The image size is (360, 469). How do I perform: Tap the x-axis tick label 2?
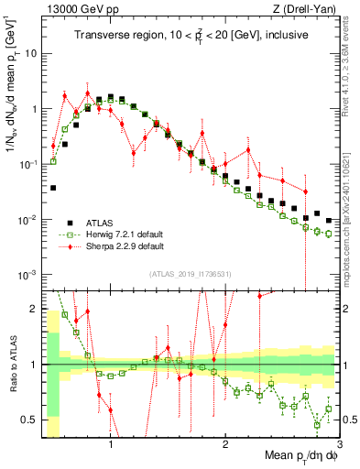225,446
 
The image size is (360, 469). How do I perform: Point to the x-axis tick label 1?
111,446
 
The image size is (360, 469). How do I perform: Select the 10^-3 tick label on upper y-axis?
27,275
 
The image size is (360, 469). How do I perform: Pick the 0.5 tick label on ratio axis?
29,420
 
